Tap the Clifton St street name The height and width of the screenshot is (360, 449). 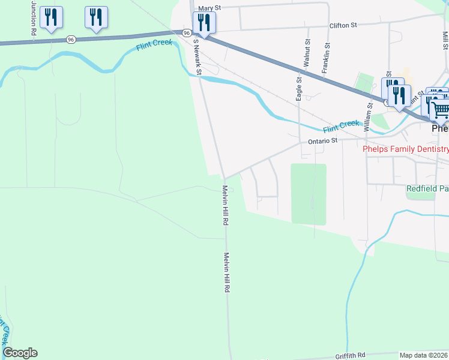(343, 25)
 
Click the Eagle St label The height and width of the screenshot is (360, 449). (298, 88)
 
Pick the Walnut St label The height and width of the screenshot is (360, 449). (307, 53)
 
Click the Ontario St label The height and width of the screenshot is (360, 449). (324, 140)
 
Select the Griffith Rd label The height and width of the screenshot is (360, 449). (351, 355)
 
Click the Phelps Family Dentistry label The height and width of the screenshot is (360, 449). (405, 149)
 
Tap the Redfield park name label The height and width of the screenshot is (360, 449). (427, 188)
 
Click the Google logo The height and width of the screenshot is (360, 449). (20, 353)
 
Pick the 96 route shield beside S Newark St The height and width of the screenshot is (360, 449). (187, 33)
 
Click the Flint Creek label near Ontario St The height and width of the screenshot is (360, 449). (340, 127)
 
